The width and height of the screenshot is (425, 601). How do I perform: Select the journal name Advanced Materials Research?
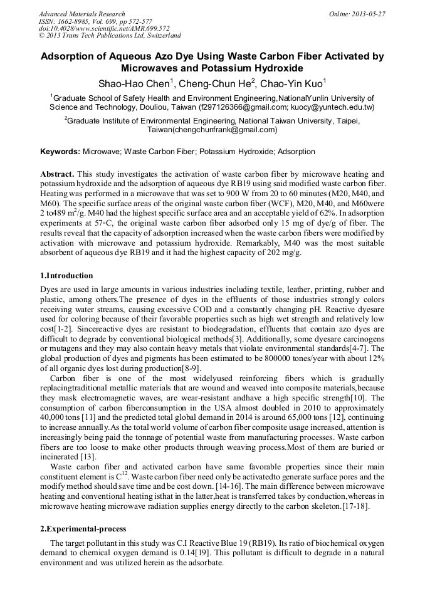pyautogui.click(x=81, y=14)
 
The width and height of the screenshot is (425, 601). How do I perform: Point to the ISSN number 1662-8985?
pyautogui.click(x=73, y=21)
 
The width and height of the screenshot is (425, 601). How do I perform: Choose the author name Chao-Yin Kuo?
pyautogui.click(x=288, y=83)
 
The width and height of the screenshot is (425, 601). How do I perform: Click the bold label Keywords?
pyautogui.click(x=60, y=152)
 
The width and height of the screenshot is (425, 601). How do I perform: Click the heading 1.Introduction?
pyautogui.click(x=66, y=276)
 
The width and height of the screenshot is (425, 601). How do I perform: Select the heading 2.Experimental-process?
pyautogui.click(x=83, y=528)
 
